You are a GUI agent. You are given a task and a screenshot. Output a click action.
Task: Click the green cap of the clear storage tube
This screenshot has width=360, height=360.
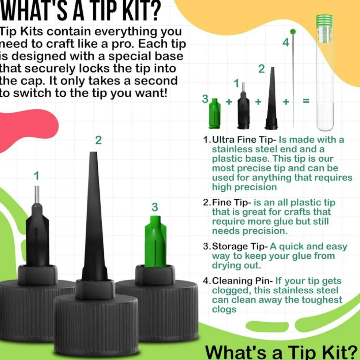[325, 20]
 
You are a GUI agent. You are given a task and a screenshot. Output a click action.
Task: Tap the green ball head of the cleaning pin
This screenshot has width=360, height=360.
[293, 32]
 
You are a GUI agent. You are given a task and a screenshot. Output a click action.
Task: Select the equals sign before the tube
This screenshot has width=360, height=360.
[306, 101]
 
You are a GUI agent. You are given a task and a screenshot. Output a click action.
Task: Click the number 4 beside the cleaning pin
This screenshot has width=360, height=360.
[286, 42]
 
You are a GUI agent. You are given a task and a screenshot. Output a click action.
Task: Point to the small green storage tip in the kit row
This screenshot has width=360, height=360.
[215, 113]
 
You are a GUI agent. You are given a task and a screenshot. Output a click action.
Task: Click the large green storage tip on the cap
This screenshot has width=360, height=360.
[155, 241]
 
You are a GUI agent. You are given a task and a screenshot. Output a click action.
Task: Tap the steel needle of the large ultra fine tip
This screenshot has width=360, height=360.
[37, 194]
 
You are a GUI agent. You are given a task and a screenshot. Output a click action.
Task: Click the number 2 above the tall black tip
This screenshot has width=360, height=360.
[98, 140]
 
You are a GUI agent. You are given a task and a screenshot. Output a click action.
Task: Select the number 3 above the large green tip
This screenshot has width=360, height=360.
[155, 207]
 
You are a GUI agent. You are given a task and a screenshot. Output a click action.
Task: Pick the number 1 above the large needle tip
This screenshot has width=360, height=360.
[37, 176]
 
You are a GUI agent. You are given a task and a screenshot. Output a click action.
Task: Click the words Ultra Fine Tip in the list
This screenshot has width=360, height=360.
[244, 140]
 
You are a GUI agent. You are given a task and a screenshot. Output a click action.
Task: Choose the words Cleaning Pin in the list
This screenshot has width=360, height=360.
[242, 281]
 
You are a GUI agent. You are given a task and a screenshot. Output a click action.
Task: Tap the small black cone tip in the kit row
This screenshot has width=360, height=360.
[271, 98]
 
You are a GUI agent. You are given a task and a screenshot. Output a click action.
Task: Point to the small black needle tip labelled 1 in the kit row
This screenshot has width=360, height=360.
[244, 106]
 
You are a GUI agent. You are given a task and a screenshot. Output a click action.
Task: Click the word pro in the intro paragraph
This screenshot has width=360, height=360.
[122, 44]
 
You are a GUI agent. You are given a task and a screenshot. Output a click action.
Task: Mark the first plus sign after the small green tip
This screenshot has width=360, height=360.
[229, 101]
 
